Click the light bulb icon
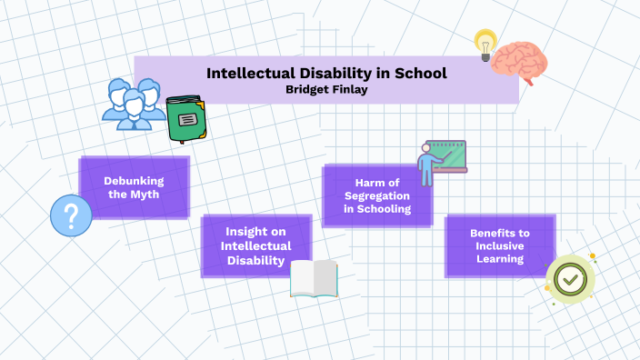tap(485, 42)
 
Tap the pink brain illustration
tap(519, 61)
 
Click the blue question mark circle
tap(71, 216)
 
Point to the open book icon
tap(314, 279)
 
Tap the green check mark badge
tap(569, 279)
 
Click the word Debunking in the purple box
tap(134, 180)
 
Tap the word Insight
tap(256, 231)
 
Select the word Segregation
tap(377, 195)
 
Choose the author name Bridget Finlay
tap(326, 88)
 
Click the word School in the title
tap(414, 73)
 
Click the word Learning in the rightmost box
tap(499, 259)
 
